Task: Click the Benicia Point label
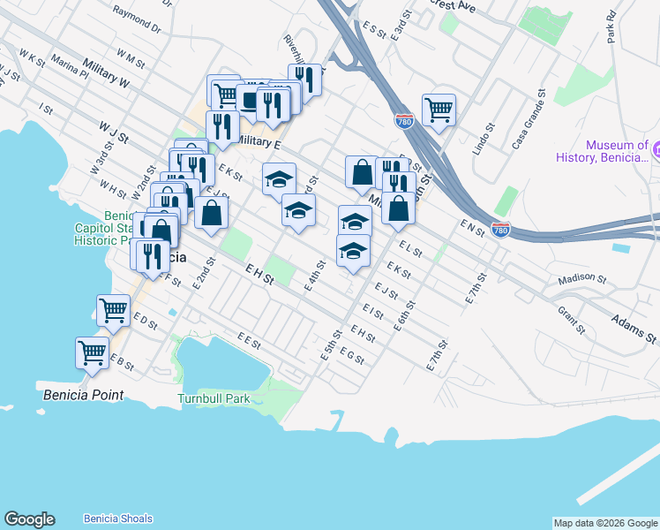click(83, 396)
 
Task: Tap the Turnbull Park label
click(214, 399)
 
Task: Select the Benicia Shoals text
click(117, 519)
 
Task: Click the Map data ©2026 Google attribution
click(604, 523)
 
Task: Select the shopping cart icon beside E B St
click(92, 352)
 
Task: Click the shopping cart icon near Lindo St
click(439, 110)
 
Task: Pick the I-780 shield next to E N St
click(500, 230)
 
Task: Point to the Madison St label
click(582, 280)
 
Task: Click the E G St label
click(351, 356)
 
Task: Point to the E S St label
click(375, 30)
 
